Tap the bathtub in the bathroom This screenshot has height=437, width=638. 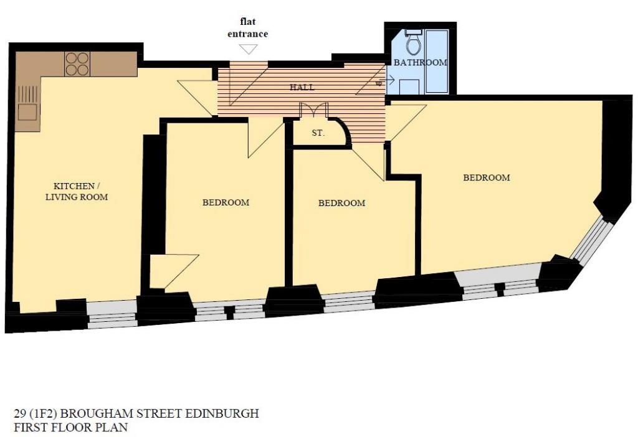[x=437, y=61]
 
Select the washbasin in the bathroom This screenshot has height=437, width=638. [x=409, y=86]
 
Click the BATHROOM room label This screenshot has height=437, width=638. [x=421, y=63]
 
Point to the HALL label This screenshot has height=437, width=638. [x=302, y=87]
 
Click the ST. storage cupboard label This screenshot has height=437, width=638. [x=318, y=133]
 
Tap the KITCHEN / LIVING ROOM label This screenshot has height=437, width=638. [x=77, y=192]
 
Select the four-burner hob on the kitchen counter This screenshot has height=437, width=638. [x=77, y=64]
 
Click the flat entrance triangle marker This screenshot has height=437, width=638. [x=248, y=49]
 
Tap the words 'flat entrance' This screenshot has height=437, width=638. [x=247, y=27]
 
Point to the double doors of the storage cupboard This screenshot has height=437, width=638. [x=314, y=110]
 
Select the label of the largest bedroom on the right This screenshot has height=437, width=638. [x=487, y=177]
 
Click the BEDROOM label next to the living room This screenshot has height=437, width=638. [x=226, y=202]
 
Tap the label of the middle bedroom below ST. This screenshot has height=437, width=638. [x=342, y=203]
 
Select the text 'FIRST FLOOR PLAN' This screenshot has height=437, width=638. [x=71, y=428]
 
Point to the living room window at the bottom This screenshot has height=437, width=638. [x=112, y=314]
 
